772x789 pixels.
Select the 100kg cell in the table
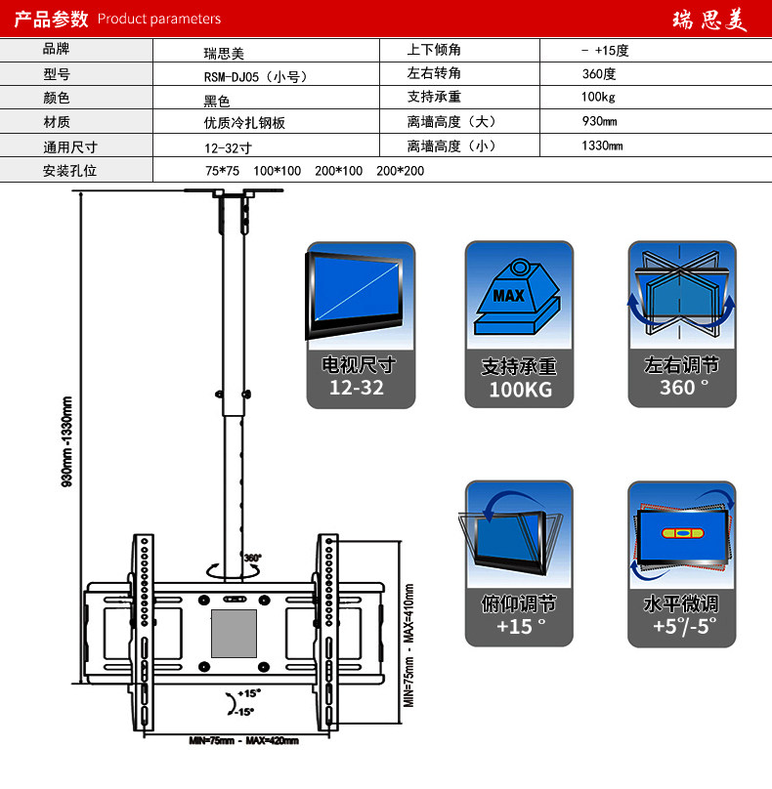(x=598, y=98)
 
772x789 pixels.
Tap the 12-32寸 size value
(x=228, y=148)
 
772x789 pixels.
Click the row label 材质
(x=57, y=122)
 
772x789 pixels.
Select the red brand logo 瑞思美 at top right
(x=709, y=21)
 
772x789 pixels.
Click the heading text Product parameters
(x=159, y=19)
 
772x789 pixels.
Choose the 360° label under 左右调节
(x=681, y=388)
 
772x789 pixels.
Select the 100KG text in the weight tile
(x=520, y=390)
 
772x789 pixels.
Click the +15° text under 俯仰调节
(x=518, y=626)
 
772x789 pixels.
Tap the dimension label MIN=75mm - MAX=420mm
(x=244, y=741)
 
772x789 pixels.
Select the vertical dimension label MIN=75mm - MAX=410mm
(x=409, y=644)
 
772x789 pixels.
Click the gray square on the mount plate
(x=235, y=633)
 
